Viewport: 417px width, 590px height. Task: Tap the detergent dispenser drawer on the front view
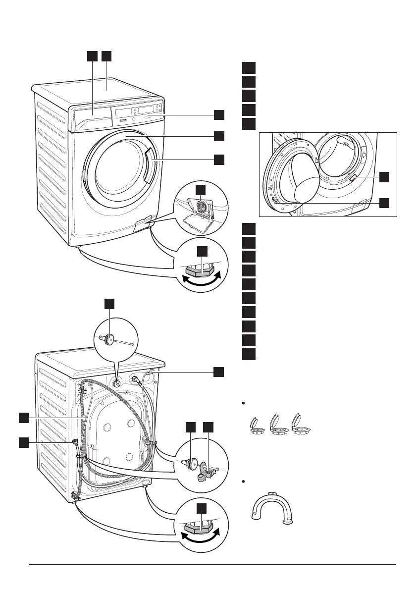[x=93, y=119]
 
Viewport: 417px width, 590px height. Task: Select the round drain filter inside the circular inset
[x=202, y=205]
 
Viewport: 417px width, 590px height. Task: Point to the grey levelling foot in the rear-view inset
[x=201, y=527]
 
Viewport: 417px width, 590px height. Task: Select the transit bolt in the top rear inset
[x=109, y=341]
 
